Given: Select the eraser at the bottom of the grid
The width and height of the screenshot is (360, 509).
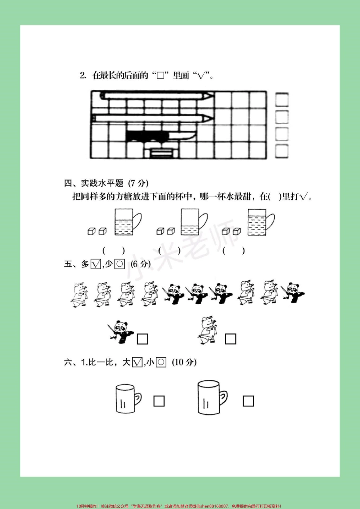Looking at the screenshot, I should (x=161, y=153).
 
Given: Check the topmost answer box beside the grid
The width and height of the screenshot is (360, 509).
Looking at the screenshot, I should (x=282, y=100).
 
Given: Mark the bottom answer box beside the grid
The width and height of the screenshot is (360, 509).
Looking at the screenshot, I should (x=282, y=151).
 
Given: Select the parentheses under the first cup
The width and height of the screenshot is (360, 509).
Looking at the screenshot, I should (x=113, y=250).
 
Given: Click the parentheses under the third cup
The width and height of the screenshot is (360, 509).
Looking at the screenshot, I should (x=233, y=250).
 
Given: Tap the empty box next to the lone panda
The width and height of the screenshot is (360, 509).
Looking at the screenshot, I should (x=142, y=339).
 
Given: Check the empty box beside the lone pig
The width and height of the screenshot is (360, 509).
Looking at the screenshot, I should (x=230, y=339).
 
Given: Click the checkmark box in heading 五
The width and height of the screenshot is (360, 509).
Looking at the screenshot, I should (x=96, y=264).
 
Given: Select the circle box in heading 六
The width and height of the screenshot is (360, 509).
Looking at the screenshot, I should (x=161, y=362).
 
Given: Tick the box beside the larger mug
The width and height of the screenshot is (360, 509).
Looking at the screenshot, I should (x=248, y=401).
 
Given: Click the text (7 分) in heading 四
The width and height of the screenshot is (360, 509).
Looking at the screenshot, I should (x=138, y=183).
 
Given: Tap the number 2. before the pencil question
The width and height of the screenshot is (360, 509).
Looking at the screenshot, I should (x=83, y=75).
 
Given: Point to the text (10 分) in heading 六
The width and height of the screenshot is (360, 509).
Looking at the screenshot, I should (x=184, y=362).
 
